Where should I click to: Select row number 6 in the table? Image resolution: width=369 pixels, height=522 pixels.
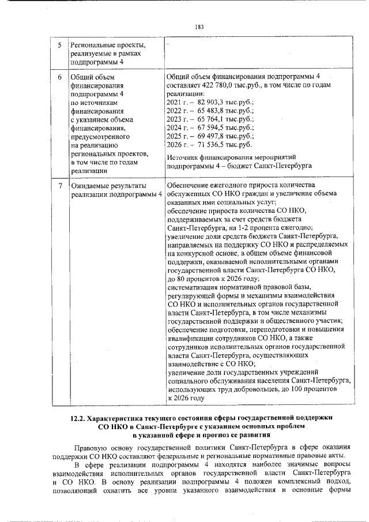click(60, 76)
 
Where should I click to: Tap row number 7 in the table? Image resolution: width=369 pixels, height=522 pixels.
click(60, 186)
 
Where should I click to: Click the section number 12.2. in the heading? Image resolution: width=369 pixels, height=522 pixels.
click(78, 417)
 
